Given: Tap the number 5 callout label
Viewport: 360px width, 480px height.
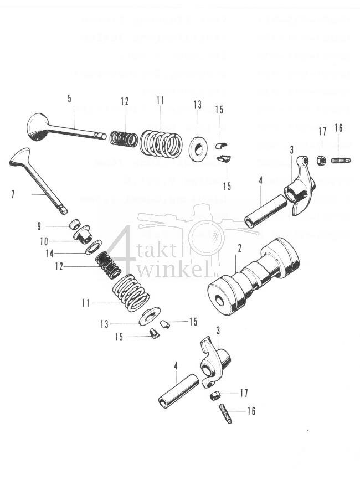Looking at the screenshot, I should (69, 99).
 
